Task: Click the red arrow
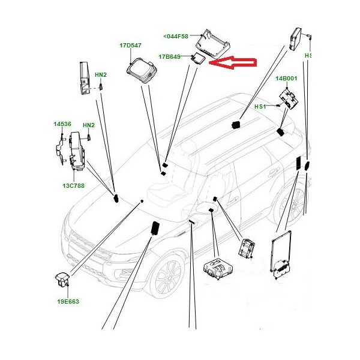pos(232,62)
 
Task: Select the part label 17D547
pos(130,46)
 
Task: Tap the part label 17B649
pos(169,57)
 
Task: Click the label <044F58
pos(176,36)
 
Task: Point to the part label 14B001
pos(286,79)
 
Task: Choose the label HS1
pos(260,107)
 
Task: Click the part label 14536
pos(62,124)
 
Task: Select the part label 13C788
pos(73,186)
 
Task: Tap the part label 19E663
pos(68,301)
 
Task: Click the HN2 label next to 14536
pos(89,125)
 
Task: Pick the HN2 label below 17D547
pos(101,75)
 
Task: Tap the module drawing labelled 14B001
pos(289,100)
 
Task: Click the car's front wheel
pos(169,275)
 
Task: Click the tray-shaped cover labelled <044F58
pos(213,44)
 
